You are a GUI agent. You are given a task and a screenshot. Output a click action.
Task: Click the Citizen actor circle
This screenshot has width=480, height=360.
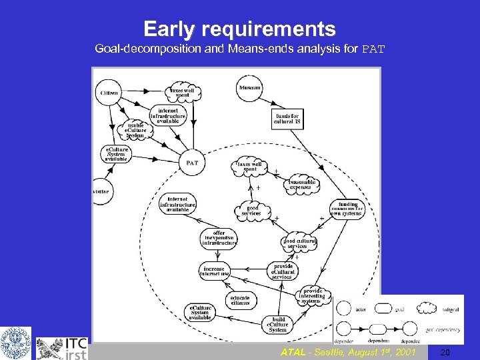[x=110, y=93]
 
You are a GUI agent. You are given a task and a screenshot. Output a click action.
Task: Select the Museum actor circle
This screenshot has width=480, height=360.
[x=250, y=88]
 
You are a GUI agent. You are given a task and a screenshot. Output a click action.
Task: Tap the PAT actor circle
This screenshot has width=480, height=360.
[x=192, y=162]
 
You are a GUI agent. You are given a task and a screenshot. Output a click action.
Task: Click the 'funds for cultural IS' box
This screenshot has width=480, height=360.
[x=287, y=119]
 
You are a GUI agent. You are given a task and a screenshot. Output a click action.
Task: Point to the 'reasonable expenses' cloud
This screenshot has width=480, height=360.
[x=303, y=185]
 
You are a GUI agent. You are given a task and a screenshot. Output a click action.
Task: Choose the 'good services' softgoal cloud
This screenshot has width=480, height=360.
[x=253, y=211]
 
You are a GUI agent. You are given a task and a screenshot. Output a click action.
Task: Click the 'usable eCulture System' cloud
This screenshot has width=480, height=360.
[x=135, y=132]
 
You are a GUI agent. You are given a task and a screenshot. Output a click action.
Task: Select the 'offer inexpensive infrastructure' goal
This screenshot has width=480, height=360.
[x=219, y=239]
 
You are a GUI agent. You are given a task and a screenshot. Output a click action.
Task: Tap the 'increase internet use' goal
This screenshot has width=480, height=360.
[x=215, y=270]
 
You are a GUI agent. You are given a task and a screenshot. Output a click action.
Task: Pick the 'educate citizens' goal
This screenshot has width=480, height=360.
[x=240, y=299]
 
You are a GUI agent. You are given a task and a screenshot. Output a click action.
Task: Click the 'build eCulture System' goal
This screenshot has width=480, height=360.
[x=278, y=325]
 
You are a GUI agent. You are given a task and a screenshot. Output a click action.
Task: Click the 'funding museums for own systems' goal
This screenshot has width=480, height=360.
[x=348, y=209]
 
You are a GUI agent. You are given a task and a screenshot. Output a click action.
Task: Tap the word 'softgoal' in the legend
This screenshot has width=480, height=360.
[x=449, y=309]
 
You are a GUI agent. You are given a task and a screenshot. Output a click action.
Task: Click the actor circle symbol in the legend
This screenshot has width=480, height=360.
[x=344, y=309]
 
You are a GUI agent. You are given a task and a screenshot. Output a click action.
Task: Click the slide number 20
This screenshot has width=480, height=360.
[x=445, y=352]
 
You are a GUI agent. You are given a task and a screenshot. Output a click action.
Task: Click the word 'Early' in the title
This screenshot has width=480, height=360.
[x=169, y=29]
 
